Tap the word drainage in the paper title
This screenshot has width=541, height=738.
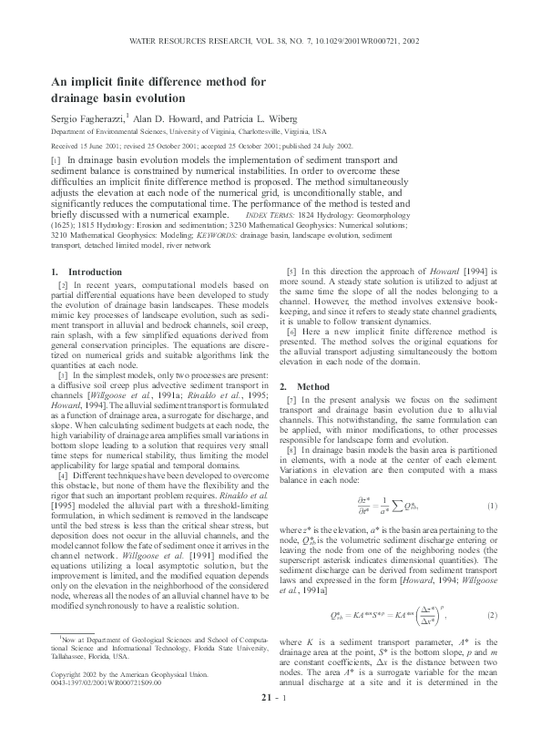[80, 97]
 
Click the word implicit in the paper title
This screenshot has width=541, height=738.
[96, 81]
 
